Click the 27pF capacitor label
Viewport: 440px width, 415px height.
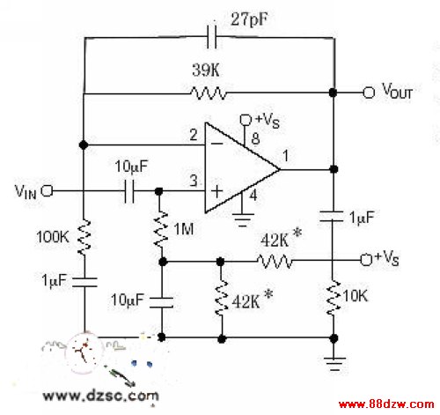tap(249, 19)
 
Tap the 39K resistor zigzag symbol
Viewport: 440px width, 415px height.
tap(209, 93)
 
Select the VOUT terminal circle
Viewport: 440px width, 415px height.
tap(369, 93)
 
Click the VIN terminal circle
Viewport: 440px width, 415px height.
tap(47, 191)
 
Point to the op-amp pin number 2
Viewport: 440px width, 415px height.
tap(194, 135)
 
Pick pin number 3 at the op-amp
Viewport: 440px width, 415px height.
tap(194, 181)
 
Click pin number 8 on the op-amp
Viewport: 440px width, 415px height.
tap(255, 138)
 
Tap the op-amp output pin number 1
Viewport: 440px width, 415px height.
tap(285, 155)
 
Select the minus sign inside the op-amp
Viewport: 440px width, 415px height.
tap(217, 144)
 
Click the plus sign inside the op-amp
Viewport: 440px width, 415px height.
tap(216, 191)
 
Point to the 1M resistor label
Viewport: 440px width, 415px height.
tap(184, 229)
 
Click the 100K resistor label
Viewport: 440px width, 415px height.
tap(53, 236)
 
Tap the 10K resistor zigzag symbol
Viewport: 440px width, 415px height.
tap(333, 298)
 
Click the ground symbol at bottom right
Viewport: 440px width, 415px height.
tap(334, 364)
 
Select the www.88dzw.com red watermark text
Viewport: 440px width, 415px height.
tap(386, 404)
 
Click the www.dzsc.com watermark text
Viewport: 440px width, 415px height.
tap(100, 396)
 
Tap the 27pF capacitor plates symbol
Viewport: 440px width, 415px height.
tap(212, 37)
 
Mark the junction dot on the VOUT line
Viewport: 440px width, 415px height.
tap(333, 93)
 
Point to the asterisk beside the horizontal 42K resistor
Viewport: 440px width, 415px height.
tap(297, 233)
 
